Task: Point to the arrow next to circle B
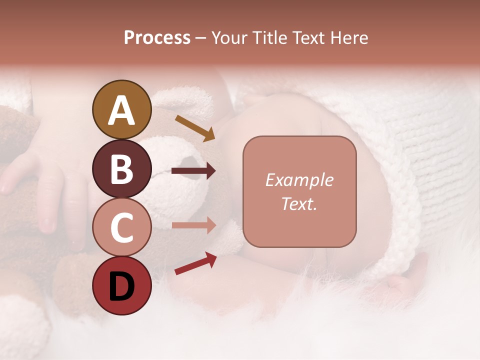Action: (193, 171)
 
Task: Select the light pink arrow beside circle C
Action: (193, 225)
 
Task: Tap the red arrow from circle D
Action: (195, 263)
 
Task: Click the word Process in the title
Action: (157, 37)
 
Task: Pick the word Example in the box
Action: (299, 180)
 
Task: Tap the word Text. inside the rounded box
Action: (299, 203)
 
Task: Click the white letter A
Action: (121, 110)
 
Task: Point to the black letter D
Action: (121, 286)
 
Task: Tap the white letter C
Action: (121, 228)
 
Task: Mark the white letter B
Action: (121, 169)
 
